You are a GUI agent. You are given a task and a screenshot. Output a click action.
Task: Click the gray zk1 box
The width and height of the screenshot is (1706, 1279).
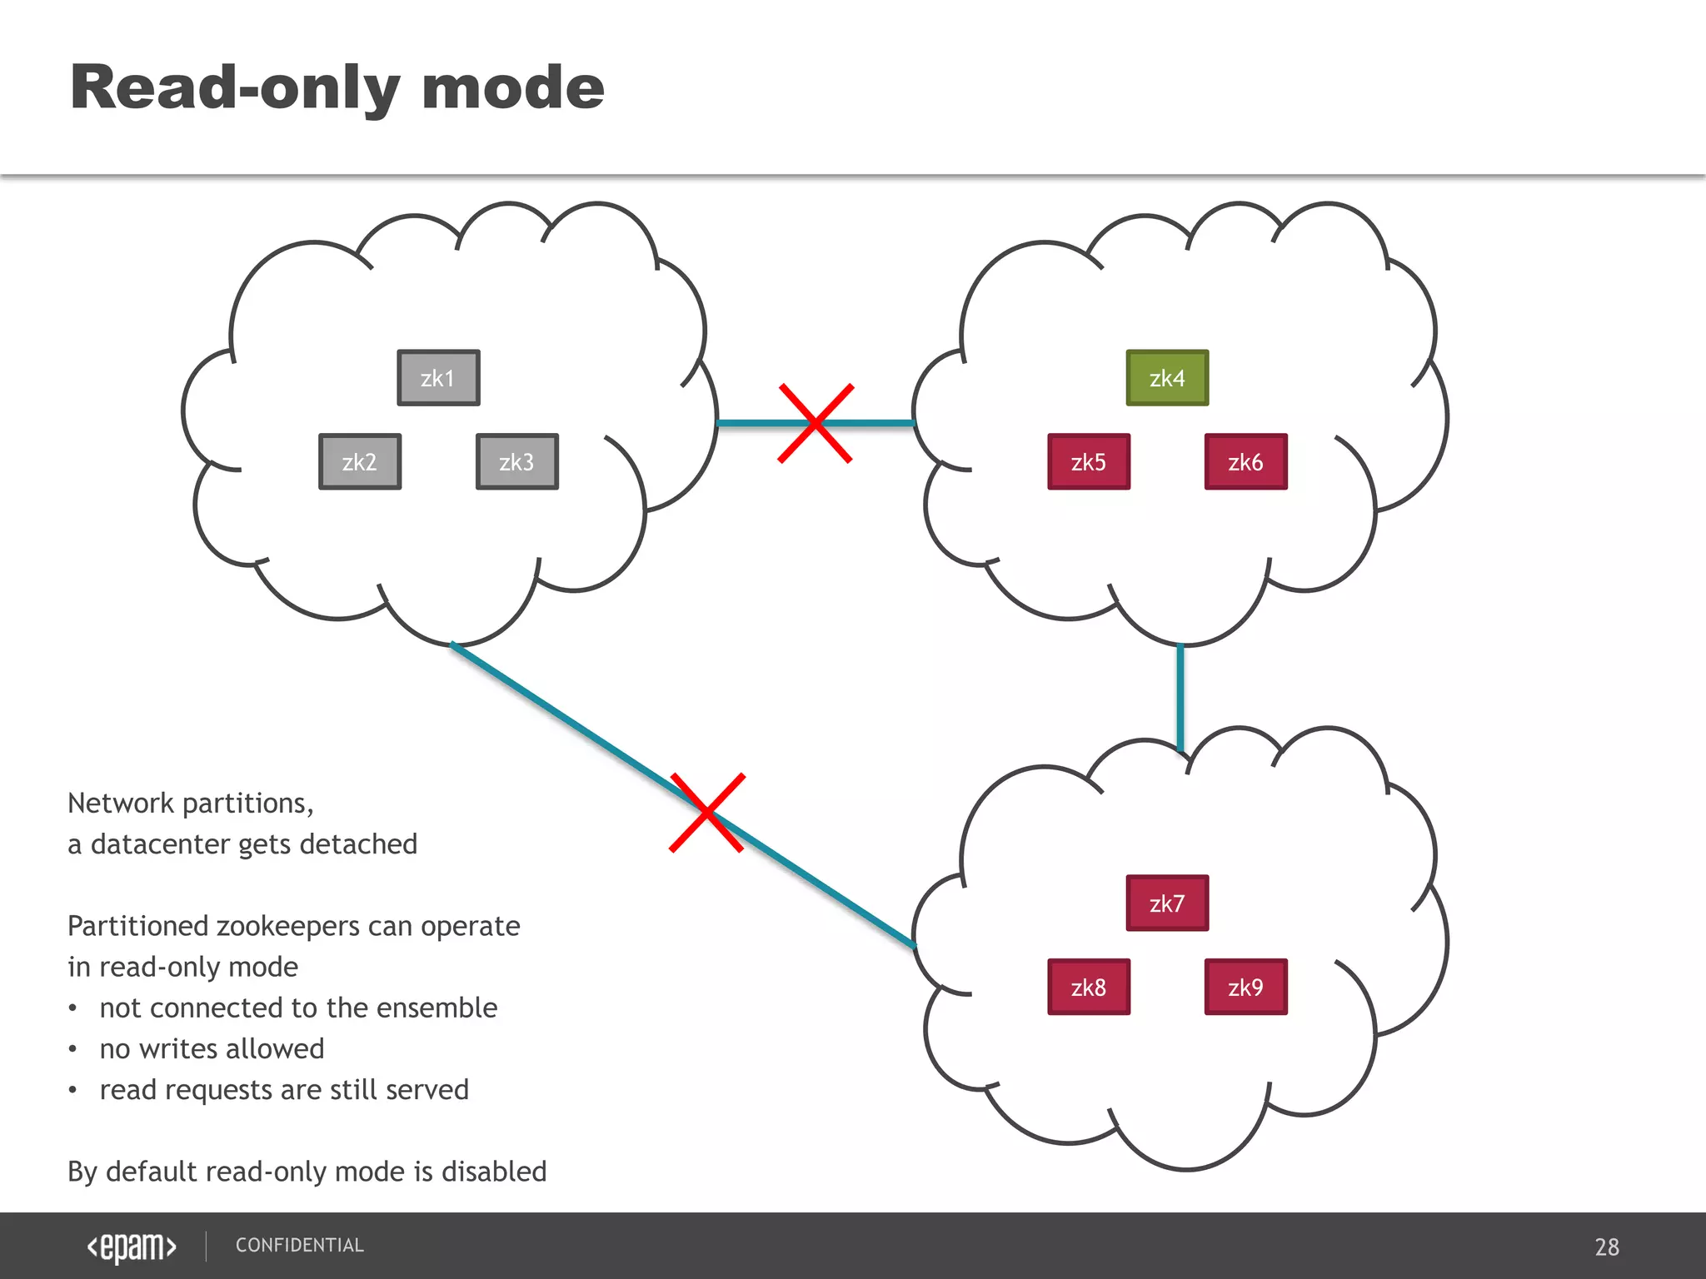[438, 378]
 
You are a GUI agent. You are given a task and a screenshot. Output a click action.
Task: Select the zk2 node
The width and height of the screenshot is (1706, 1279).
[360, 461]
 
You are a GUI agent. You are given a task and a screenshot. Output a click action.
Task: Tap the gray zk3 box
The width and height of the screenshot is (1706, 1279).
[516, 461]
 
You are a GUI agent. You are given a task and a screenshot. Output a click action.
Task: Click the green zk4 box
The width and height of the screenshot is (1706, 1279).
[1167, 378]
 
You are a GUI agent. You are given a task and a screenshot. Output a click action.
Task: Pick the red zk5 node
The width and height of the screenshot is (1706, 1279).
[1089, 461]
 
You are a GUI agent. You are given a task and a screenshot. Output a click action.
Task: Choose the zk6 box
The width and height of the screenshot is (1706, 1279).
[1245, 461]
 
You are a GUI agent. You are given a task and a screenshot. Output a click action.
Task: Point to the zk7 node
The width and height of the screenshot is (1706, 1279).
[1167, 903]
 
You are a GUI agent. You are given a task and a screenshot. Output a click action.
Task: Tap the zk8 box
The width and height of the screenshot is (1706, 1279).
[1089, 987]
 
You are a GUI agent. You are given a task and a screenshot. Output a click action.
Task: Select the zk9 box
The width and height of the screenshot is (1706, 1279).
[1245, 987]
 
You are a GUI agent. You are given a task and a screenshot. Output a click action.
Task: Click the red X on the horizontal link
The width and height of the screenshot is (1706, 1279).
[816, 423]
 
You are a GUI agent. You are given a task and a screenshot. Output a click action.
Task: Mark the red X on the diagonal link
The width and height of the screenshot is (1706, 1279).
[707, 813]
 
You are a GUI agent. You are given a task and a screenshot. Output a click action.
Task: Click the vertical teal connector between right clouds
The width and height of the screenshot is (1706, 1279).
[1180, 698]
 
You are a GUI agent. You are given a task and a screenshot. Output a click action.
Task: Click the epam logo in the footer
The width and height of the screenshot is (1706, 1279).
[132, 1247]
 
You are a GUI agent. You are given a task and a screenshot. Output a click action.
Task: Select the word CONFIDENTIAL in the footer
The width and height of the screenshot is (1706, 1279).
[300, 1245]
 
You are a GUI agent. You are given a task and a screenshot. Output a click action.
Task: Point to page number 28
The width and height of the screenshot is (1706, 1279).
[1606, 1247]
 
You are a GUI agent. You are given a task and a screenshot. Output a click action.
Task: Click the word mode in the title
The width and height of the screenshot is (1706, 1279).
[512, 87]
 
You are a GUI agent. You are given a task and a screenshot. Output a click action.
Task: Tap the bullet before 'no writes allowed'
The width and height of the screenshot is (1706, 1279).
[73, 1049]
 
